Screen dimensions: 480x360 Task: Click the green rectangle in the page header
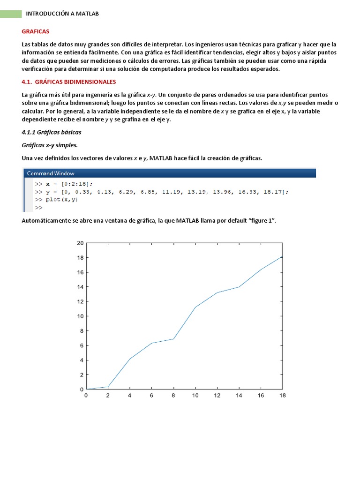point(11,14)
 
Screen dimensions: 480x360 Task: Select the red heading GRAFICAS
point(35,31)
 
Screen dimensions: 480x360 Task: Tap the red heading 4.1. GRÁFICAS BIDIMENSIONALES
point(69,82)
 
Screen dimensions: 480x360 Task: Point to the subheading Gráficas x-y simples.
point(50,145)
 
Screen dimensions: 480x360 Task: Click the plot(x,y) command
point(62,200)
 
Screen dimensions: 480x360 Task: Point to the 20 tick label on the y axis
point(80,243)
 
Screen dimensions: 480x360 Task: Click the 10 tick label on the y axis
point(80,316)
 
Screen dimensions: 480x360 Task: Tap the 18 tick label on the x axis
point(282,396)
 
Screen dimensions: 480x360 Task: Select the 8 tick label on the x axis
point(173,396)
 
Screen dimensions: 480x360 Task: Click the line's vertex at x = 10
point(195,307)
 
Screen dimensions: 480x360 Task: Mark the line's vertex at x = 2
point(108,387)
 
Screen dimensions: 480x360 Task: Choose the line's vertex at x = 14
point(239,287)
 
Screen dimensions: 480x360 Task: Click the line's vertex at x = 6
point(151,343)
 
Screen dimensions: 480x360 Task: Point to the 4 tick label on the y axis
point(82,360)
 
